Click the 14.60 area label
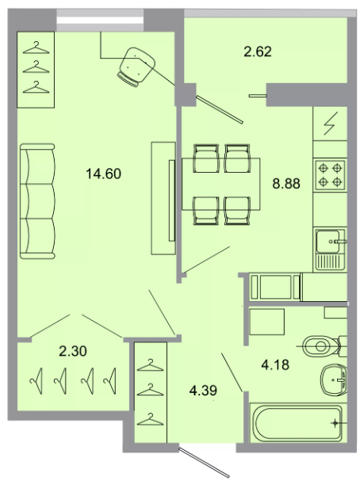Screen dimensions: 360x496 104,174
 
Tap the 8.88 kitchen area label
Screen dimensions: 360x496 286,184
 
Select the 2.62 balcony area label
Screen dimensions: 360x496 258,52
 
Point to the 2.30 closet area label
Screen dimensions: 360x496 73,351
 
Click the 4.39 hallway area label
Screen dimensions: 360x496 203,391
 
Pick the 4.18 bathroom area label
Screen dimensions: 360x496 275,364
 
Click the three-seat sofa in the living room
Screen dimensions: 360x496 37,201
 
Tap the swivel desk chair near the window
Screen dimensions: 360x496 136,67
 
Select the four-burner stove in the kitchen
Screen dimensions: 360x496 330,174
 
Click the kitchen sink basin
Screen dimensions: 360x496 328,242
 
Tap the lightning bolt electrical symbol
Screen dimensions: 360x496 329,124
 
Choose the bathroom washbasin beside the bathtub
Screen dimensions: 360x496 334,380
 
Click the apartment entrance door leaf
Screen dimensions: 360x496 205,461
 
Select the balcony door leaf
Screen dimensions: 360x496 220,109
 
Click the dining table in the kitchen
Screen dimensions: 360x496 221,184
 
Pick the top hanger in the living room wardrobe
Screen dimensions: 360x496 36,48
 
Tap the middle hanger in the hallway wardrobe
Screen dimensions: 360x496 151,390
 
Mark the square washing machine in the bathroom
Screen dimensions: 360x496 267,322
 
